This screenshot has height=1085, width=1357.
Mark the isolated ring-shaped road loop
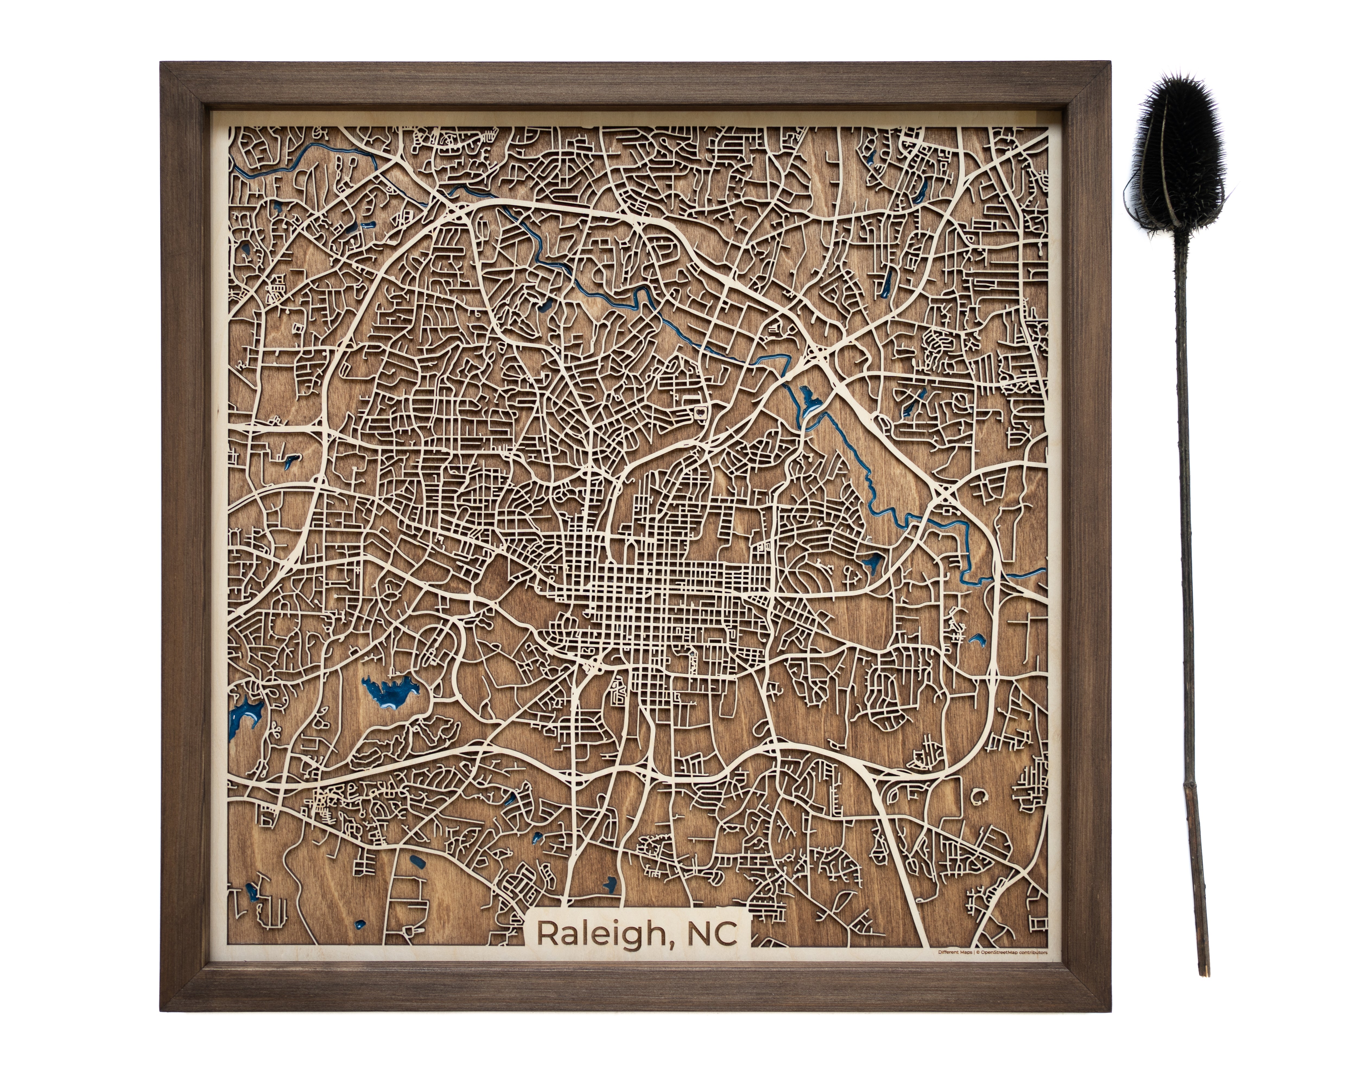979,797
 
